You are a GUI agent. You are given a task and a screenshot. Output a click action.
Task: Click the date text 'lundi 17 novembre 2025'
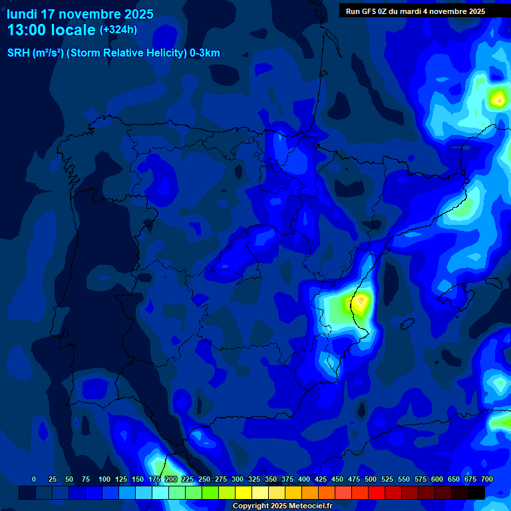coord(80,14)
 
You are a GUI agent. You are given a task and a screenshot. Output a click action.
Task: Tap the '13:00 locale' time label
coord(51,30)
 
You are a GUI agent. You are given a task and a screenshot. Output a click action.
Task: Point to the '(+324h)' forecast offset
coord(118,30)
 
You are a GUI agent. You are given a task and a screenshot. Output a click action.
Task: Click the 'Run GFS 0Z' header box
coord(415,11)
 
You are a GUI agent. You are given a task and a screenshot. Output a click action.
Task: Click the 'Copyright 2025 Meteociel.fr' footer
coord(282,506)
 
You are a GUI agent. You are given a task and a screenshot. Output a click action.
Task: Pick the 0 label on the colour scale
coord(34,479)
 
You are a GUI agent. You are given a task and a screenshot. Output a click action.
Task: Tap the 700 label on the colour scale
coord(487,479)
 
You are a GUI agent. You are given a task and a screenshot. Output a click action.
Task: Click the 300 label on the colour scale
coord(238,479)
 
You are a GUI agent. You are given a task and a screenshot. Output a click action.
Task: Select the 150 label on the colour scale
coord(138,479)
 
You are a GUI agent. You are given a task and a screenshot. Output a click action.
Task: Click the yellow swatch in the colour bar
coord(244,492)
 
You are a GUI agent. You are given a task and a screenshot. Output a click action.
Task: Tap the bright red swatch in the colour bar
coord(377,492)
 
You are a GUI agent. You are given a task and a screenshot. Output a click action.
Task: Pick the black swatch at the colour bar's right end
coord(476,492)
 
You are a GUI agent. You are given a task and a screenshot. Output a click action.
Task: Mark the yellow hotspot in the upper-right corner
coord(498,100)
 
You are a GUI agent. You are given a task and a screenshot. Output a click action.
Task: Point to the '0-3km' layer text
coord(205,53)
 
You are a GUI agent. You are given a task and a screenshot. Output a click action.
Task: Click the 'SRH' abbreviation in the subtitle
coord(19,53)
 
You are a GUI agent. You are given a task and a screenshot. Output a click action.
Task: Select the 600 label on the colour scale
coord(437,479)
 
